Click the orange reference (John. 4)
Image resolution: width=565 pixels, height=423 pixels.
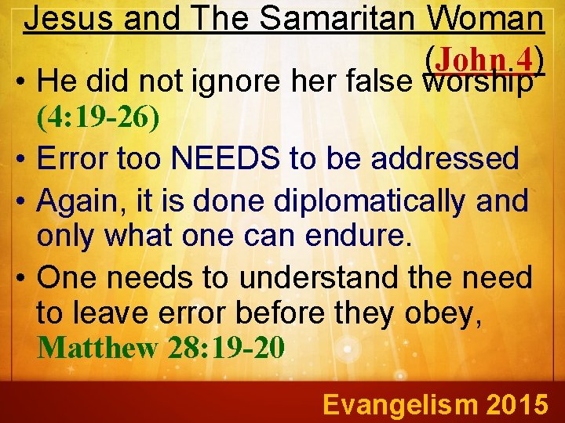[483, 57]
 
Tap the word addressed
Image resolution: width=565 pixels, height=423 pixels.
[444, 159]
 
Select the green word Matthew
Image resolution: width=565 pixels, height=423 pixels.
[97, 347]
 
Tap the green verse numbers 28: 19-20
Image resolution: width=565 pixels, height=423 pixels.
[225, 347]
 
